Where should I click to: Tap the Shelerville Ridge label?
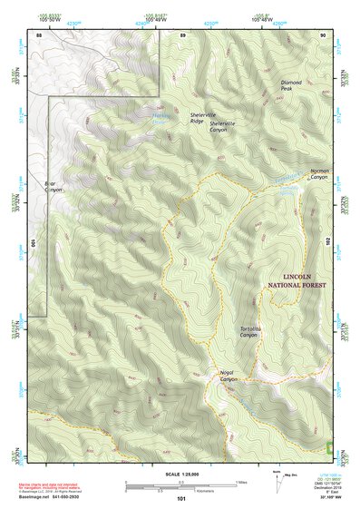pos(200,118)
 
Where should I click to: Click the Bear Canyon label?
pos(54,186)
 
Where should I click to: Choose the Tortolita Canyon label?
pos(249,332)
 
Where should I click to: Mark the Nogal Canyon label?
pos(227,376)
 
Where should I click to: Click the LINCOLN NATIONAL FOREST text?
pos(297,280)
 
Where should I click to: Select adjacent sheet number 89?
pos(182,34)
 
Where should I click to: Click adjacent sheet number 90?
pos(323,34)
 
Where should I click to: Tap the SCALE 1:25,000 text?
pos(180,474)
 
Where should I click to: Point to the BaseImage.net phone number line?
pos(64,496)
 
